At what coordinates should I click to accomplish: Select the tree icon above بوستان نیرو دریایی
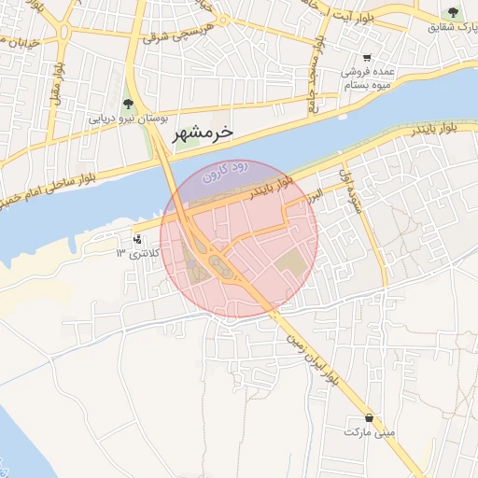click(128, 105)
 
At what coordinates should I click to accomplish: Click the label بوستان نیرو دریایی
click(127, 119)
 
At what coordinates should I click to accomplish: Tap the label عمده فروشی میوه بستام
click(360, 78)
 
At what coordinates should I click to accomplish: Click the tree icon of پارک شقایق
click(453, 13)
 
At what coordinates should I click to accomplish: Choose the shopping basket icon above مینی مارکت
click(372, 417)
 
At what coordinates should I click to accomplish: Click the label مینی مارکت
click(370, 433)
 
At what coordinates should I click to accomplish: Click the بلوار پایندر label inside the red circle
click(272, 189)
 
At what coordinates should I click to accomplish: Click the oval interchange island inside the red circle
click(220, 265)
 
